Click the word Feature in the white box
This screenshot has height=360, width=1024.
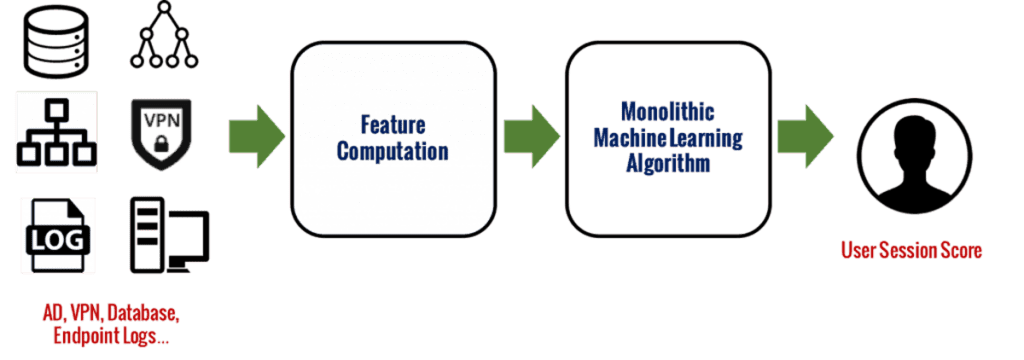393,127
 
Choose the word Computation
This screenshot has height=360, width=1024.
392,152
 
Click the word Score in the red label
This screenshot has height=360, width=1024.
960,250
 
